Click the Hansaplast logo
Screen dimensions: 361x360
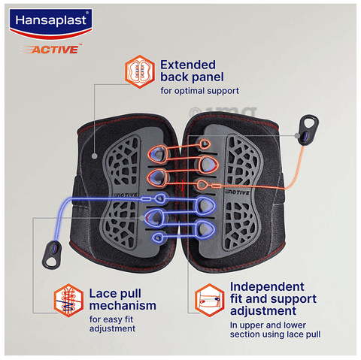(50, 24)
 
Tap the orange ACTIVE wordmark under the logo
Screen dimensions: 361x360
(51, 49)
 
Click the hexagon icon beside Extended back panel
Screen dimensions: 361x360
(140, 71)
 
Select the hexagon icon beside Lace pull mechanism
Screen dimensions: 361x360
(68, 301)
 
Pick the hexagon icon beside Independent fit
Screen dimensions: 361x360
(210, 300)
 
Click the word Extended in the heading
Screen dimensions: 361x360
(188, 65)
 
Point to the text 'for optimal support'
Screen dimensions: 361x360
(200, 91)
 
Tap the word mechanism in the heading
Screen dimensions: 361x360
(123, 306)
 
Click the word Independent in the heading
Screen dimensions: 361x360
(267, 287)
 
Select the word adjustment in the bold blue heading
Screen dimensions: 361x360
(263, 311)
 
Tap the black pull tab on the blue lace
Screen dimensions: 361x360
(52, 254)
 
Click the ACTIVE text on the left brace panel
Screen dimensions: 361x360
(126, 195)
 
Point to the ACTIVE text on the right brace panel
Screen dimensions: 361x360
(237, 192)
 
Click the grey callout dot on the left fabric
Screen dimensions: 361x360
(95, 156)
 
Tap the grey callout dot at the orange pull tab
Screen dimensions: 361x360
(297, 136)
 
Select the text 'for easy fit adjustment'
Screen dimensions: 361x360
(112, 324)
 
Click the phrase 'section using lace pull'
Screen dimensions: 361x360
(275, 334)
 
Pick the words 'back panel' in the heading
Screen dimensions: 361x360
(192, 77)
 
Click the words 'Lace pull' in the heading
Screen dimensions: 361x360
(115, 294)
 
